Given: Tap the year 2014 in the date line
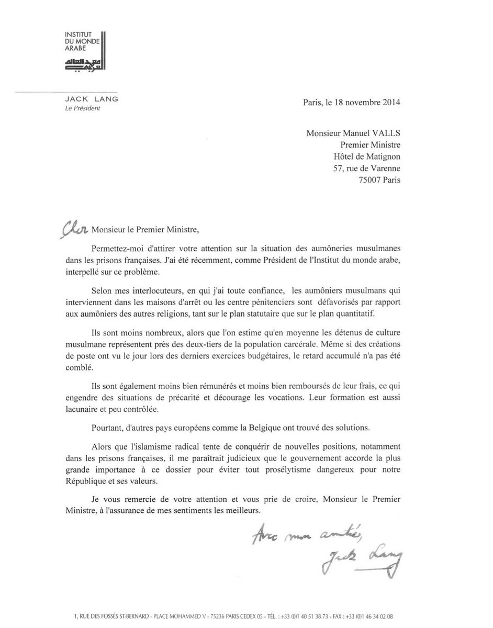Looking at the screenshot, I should [390, 103].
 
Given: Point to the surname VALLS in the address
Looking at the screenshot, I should [385, 133].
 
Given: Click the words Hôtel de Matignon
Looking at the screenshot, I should [367, 156].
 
